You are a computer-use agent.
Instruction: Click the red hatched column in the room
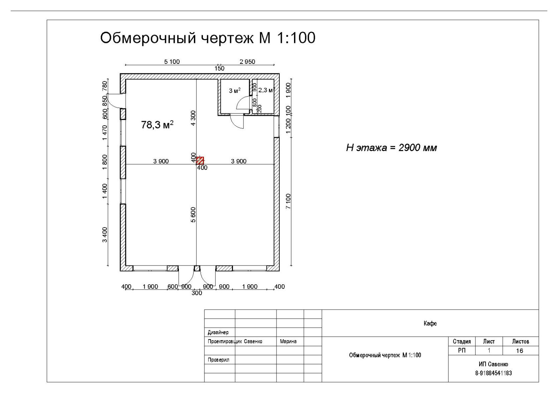point(200,161)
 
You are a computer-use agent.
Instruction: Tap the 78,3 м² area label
point(157,125)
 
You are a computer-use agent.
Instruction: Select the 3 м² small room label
point(234,91)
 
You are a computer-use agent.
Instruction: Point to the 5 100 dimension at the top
point(172,62)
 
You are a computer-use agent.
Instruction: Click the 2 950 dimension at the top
point(247,62)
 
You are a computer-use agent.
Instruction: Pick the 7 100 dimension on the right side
point(288,201)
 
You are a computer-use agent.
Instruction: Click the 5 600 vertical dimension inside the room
point(193,215)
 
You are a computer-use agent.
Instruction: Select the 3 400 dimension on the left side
point(105,234)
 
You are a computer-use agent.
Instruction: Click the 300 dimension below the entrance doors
point(197,293)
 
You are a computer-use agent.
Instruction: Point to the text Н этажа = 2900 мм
point(391,148)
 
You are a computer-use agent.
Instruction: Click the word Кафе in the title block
point(430,323)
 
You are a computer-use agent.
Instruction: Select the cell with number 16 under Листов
point(519,351)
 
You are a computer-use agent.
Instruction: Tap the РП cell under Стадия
point(461,351)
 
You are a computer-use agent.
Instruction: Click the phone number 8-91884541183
point(493,373)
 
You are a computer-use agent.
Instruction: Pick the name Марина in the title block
point(288,342)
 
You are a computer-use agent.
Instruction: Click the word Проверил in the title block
point(218,360)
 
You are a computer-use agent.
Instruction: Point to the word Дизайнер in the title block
point(218,333)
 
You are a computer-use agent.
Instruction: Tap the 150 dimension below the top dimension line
point(219,68)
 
